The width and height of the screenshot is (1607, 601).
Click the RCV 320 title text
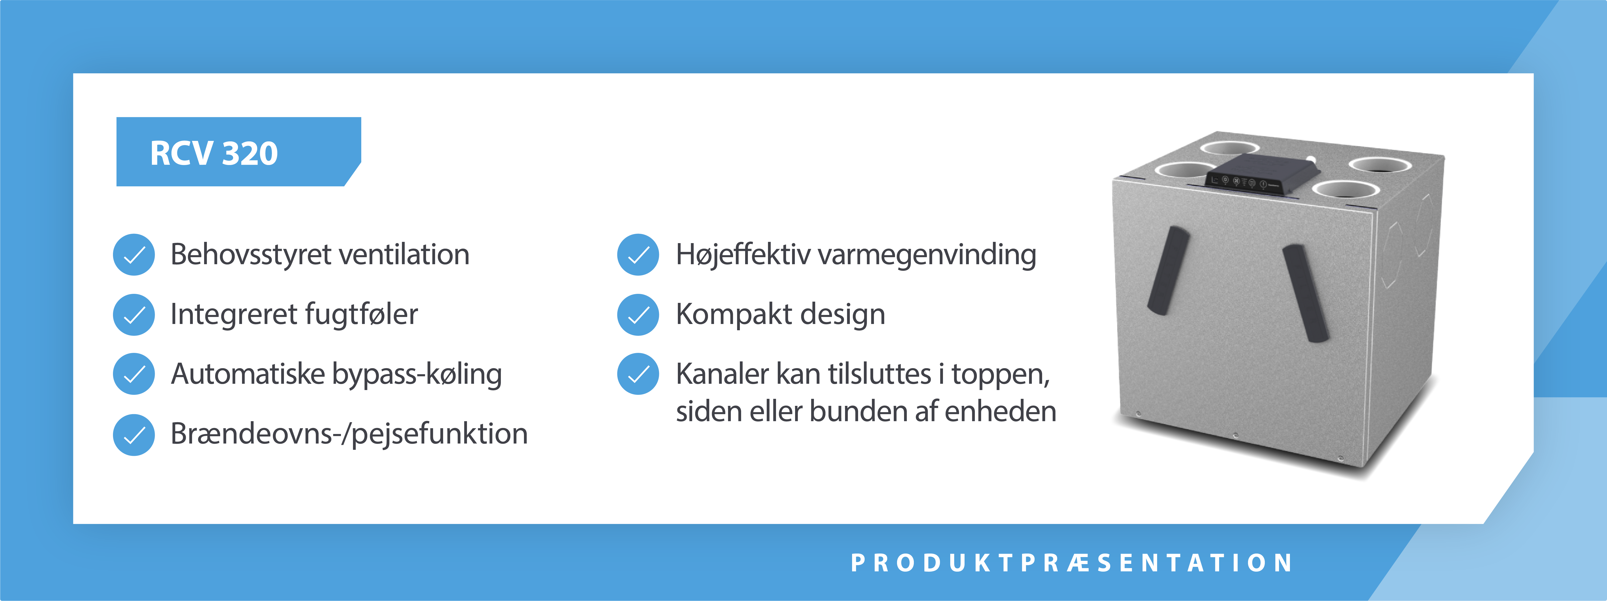point(214,153)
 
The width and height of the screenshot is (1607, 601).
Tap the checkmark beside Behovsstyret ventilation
point(134,255)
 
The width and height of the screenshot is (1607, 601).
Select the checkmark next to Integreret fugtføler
point(134,314)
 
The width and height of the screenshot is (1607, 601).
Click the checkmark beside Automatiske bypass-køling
point(134,374)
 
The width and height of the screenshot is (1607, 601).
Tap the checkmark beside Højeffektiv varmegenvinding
point(638,255)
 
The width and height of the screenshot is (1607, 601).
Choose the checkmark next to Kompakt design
point(638,314)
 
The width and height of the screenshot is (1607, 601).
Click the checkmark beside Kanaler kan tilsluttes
point(638,374)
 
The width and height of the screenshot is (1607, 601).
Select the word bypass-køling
point(417,374)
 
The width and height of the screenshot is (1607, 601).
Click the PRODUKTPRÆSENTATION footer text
point(1072,563)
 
